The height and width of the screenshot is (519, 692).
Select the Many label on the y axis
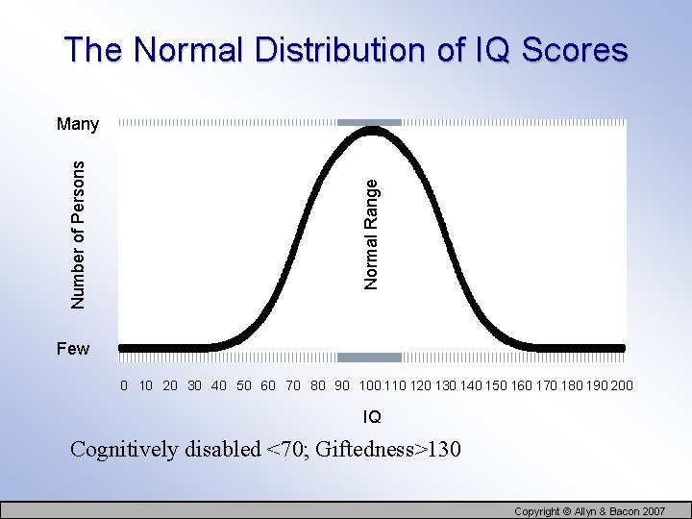78,124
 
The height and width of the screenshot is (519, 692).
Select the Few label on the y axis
72,349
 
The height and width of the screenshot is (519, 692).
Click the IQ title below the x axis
372,417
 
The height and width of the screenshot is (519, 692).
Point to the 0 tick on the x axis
124,386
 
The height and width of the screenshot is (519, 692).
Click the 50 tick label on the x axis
244,386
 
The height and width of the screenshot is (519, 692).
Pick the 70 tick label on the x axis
293,386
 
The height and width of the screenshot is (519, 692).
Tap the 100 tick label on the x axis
370,386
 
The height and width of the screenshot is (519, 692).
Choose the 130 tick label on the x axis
445,386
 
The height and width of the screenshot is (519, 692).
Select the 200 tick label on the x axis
622,386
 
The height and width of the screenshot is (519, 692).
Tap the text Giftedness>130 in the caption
380,450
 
